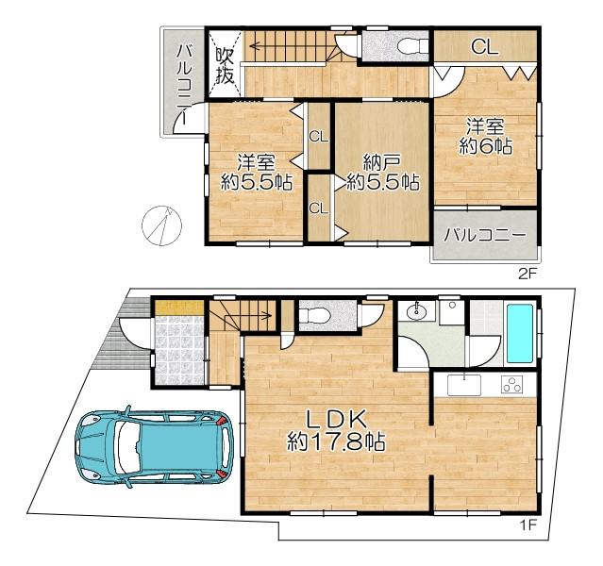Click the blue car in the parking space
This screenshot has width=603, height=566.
tap(154, 447)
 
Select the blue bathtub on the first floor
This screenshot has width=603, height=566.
tap(520, 333)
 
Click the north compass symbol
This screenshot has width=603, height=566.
tap(161, 225)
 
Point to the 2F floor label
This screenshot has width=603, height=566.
tap(527, 275)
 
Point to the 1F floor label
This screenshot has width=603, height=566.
tap(528, 524)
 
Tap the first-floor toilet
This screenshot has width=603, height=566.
tap(314, 316)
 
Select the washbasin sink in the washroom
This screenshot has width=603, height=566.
tap(416, 311)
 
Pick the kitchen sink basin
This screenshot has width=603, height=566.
tap(463, 385)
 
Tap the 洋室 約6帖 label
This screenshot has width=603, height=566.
tap(486, 137)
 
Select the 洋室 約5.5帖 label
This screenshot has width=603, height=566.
tap(256, 173)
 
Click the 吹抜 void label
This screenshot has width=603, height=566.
tap(225, 64)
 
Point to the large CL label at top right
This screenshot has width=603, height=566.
tap(485, 47)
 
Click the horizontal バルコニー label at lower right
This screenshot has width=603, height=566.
tap(485, 234)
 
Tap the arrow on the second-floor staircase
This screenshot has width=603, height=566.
tap(285, 46)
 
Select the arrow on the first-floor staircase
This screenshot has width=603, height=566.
tap(246, 316)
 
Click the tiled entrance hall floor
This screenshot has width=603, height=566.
tap(179, 350)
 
